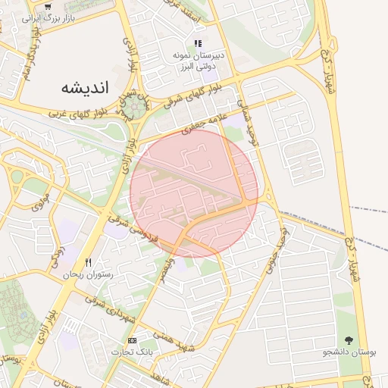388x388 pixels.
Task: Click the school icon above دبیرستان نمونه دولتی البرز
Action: [x=198, y=44]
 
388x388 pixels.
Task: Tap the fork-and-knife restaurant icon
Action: [x=88, y=262]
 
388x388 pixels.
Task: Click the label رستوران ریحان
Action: [x=88, y=274]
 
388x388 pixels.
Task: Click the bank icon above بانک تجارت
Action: [x=133, y=341]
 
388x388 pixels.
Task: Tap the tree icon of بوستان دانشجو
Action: [x=349, y=341]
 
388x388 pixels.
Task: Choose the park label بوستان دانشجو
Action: [x=348, y=352]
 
